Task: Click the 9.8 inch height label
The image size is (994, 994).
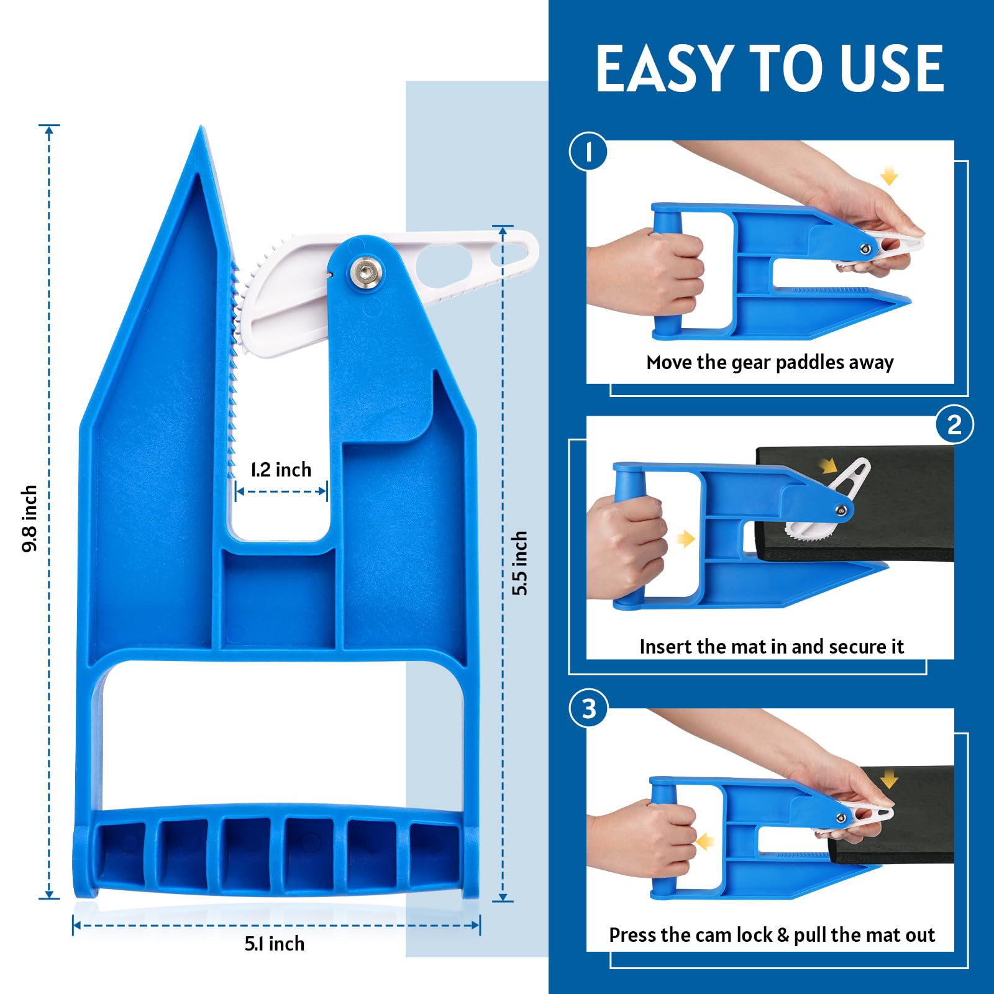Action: pos(29,518)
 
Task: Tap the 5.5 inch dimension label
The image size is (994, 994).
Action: pos(519,563)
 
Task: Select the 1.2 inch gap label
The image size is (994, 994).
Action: pos(281,470)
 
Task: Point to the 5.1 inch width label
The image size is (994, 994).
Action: pos(275,944)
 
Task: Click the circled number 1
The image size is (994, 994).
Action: pos(588,152)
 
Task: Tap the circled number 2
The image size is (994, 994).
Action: pos(954,425)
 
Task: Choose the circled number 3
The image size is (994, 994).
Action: pos(588,709)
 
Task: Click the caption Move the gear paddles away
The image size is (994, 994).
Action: pos(770,362)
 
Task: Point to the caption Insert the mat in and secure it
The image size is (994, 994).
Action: pos(771,647)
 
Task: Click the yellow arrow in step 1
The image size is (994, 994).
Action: pos(890,175)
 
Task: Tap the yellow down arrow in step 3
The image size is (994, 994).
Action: pos(889,778)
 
